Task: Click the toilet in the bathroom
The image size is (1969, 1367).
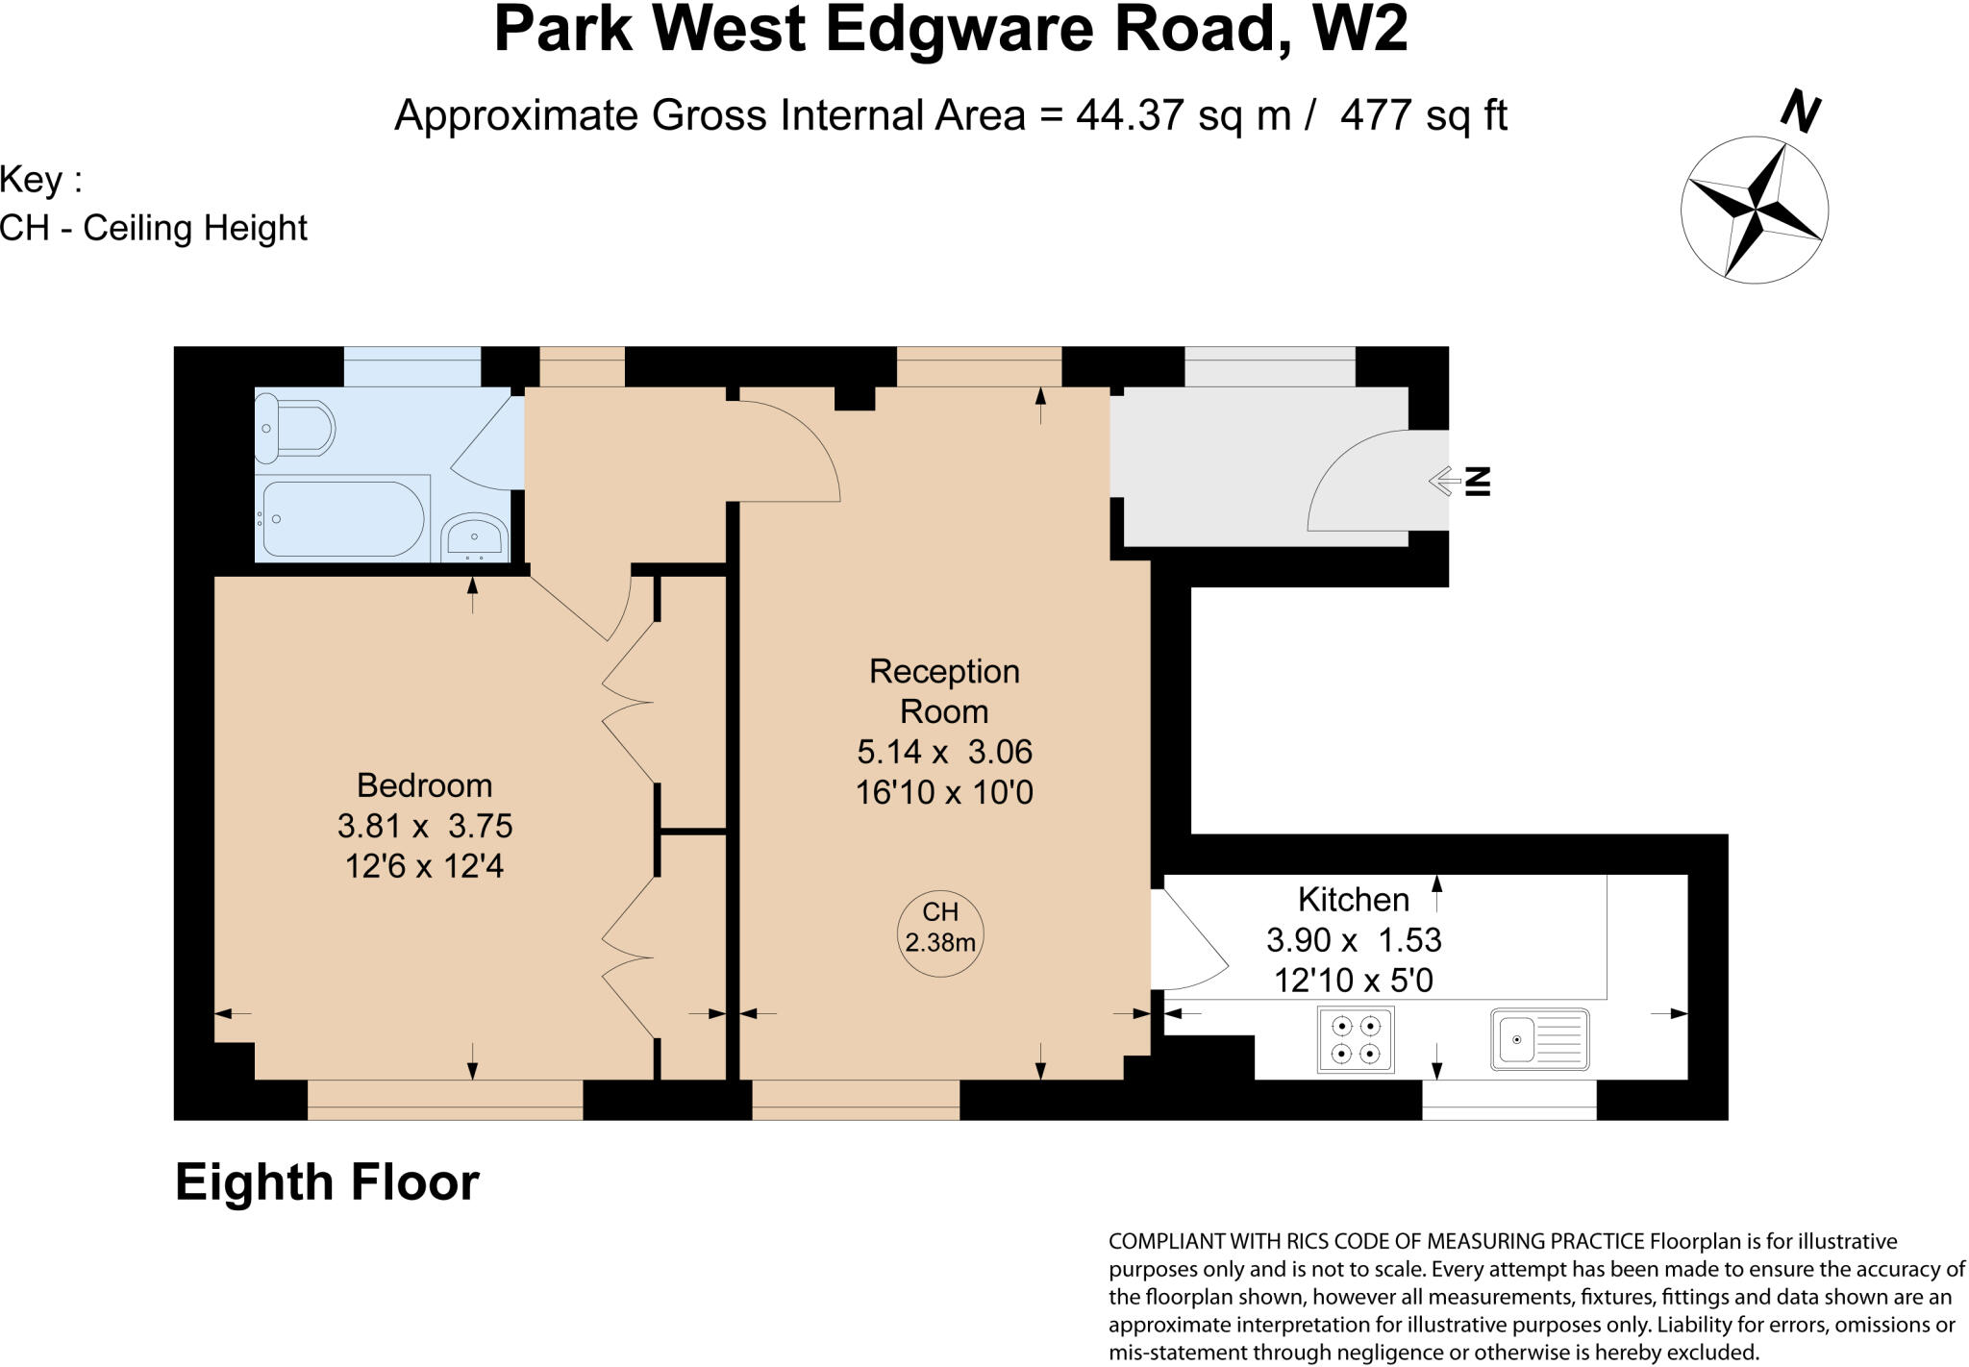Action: click(294, 427)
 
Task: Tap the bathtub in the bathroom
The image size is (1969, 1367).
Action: click(343, 518)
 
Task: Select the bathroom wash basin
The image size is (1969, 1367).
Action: click(474, 537)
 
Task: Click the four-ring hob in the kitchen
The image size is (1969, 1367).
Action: click(1356, 1039)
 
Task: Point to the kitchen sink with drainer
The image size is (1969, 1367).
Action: click(1539, 1038)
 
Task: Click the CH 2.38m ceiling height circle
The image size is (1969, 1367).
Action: click(940, 933)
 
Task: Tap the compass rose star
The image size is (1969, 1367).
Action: click(1755, 210)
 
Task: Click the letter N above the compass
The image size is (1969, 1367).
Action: click(1800, 111)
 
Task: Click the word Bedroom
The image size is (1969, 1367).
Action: click(424, 785)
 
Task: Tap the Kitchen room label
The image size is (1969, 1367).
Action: click(1353, 899)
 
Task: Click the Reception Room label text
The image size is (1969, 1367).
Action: click(944, 690)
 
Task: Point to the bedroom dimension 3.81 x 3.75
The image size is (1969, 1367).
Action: click(424, 826)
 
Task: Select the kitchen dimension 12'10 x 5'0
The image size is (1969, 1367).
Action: click(1353, 980)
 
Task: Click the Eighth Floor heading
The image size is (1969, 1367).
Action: click(327, 1182)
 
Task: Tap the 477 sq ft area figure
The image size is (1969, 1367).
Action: click(1423, 115)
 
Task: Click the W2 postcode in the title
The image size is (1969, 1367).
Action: click(1359, 29)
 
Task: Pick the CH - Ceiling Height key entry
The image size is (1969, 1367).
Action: click(154, 228)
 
